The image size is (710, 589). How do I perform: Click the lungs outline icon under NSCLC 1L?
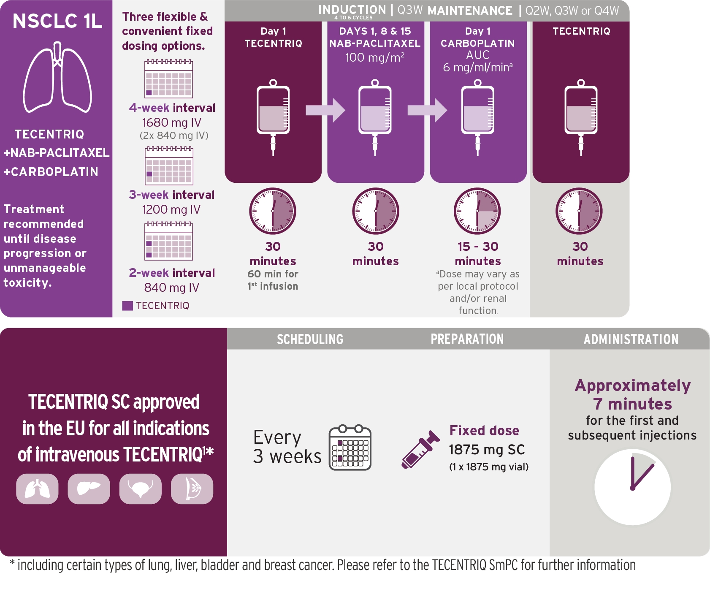click(57, 77)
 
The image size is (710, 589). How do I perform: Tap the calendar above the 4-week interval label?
click(168, 79)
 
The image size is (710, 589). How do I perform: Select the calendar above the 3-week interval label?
click(169, 166)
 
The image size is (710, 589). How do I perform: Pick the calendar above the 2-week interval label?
click(168, 241)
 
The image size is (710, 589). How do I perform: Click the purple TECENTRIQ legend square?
click(127, 306)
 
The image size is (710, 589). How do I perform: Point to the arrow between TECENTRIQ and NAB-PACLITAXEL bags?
click(325, 110)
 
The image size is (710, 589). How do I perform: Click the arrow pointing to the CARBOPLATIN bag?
click(427, 110)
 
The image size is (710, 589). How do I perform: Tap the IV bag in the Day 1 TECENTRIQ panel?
click(273, 117)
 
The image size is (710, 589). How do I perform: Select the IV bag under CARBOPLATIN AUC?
click(477, 117)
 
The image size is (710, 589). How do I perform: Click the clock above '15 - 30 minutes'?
click(477, 211)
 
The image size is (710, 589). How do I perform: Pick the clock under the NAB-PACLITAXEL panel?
click(376, 211)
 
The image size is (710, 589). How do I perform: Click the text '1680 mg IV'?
click(172, 122)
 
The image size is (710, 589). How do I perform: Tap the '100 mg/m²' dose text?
click(375, 57)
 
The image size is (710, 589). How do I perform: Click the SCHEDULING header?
click(310, 339)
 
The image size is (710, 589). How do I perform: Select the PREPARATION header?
click(467, 339)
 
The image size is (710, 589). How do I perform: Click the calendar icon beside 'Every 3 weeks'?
click(350, 448)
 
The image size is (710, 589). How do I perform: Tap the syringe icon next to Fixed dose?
click(420, 450)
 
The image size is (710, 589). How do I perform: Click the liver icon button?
click(89, 489)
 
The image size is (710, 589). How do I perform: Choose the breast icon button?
click(192, 489)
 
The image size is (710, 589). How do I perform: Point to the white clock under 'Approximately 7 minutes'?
click(632, 487)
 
